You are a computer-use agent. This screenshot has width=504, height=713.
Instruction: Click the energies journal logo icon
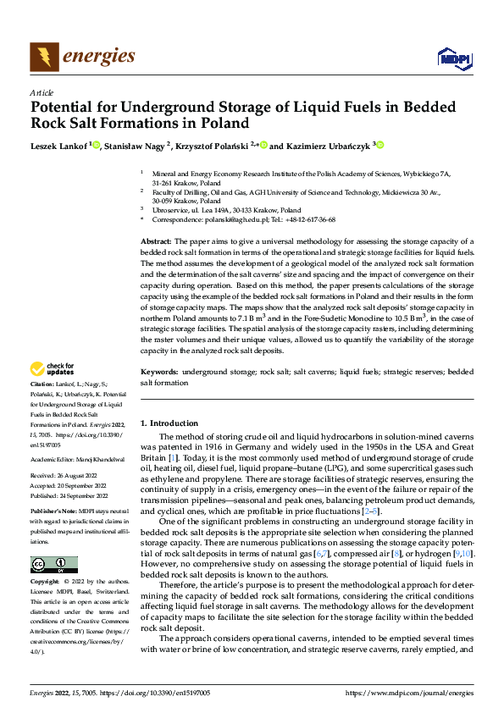43,57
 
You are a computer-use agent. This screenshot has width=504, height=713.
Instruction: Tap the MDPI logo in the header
452,58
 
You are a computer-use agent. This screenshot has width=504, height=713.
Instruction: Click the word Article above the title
41,92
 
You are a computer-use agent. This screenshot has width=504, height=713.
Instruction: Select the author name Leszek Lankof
59,146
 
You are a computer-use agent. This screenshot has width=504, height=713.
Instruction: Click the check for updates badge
53,369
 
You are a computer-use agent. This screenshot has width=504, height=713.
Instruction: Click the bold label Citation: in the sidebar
42,384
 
